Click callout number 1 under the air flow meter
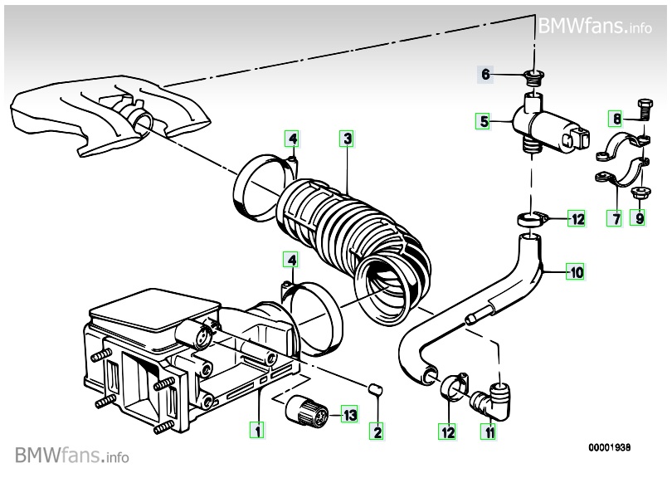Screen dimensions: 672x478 257,430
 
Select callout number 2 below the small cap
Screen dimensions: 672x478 377,432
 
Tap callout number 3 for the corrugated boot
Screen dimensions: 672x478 347,139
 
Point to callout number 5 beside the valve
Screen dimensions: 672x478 485,121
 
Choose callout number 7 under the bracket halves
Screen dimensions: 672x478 616,218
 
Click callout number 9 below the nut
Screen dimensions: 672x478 640,218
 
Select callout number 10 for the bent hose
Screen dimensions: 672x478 577,272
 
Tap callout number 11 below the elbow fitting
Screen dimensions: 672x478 489,432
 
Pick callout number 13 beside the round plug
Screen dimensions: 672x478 350,415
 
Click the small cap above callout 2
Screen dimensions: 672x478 376,390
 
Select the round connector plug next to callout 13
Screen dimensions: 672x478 307,412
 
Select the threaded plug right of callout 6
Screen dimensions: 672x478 534,79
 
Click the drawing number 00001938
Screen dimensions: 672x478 609,447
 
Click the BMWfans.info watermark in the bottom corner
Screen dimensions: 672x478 71,455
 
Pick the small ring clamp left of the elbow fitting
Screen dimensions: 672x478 453,384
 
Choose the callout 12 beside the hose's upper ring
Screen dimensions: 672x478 577,219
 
